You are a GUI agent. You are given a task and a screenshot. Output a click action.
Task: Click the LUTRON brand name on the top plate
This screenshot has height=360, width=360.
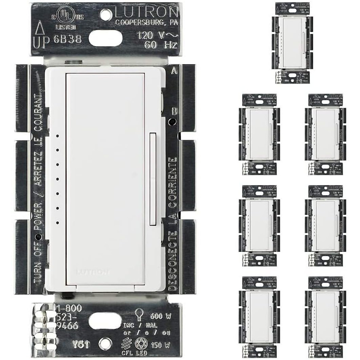point(146,12)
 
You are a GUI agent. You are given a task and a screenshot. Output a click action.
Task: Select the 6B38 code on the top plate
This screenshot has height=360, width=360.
point(66,39)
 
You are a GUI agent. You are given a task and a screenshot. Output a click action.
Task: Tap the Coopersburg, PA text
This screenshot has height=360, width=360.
point(146,23)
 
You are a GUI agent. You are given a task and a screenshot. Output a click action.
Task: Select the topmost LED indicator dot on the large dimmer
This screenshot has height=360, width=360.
point(57,136)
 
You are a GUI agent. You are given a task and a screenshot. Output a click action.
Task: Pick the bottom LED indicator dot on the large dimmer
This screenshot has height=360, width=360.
point(57,223)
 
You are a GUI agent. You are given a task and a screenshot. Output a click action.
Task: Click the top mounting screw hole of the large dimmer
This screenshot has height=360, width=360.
point(104,13)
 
